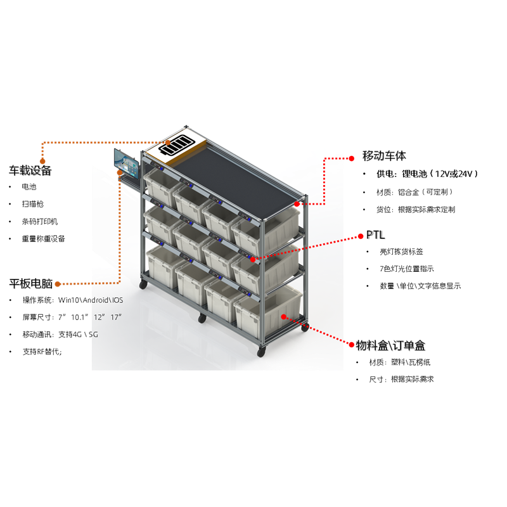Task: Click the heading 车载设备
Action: pyautogui.click(x=30, y=170)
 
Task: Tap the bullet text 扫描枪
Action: pyautogui.click(x=33, y=204)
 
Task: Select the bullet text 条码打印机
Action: pyautogui.click(x=40, y=221)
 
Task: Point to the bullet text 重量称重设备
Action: pyautogui.click(x=43, y=239)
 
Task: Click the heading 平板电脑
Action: pyautogui.click(x=30, y=283)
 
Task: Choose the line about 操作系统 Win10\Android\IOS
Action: pyautogui.click(x=73, y=300)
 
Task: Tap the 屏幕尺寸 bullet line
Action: pyautogui.click(x=72, y=318)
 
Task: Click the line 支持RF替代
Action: pyautogui.click(x=42, y=352)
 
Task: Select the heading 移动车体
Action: pyautogui.click(x=384, y=156)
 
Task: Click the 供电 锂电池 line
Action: pyautogui.click(x=427, y=174)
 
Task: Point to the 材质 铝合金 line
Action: pyautogui.click(x=414, y=192)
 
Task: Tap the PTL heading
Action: pyautogui.click(x=375, y=235)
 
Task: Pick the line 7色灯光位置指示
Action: pyautogui.click(x=407, y=269)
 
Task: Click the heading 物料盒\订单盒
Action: pyautogui.click(x=390, y=345)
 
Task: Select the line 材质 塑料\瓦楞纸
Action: pyautogui.click(x=400, y=362)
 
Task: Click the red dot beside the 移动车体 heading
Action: pyautogui.click(x=352, y=158)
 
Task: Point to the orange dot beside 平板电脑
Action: pyautogui.click(x=58, y=284)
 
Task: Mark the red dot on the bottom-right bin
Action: pyautogui.click(x=283, y=317)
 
